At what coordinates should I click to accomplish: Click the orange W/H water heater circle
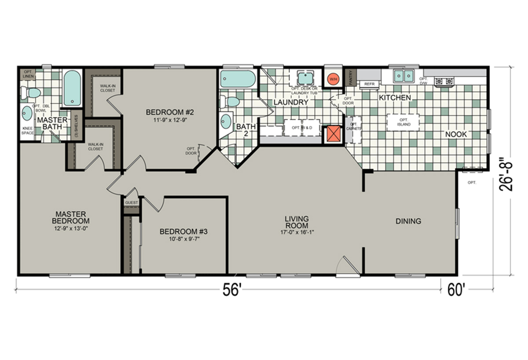[333, 78]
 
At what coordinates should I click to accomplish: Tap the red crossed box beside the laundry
[333, 134]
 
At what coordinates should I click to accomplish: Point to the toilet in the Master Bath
[32, 92]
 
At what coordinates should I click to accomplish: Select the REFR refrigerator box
[369, 83]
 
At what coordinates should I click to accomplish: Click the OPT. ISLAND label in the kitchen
[403, 122]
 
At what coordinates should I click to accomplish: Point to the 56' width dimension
[232, 290]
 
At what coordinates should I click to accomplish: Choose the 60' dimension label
[456, 290]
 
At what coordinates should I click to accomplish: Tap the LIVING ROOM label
[296, 221]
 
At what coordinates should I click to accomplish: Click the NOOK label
[455, 134]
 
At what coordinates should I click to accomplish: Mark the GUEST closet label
[131, 202]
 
